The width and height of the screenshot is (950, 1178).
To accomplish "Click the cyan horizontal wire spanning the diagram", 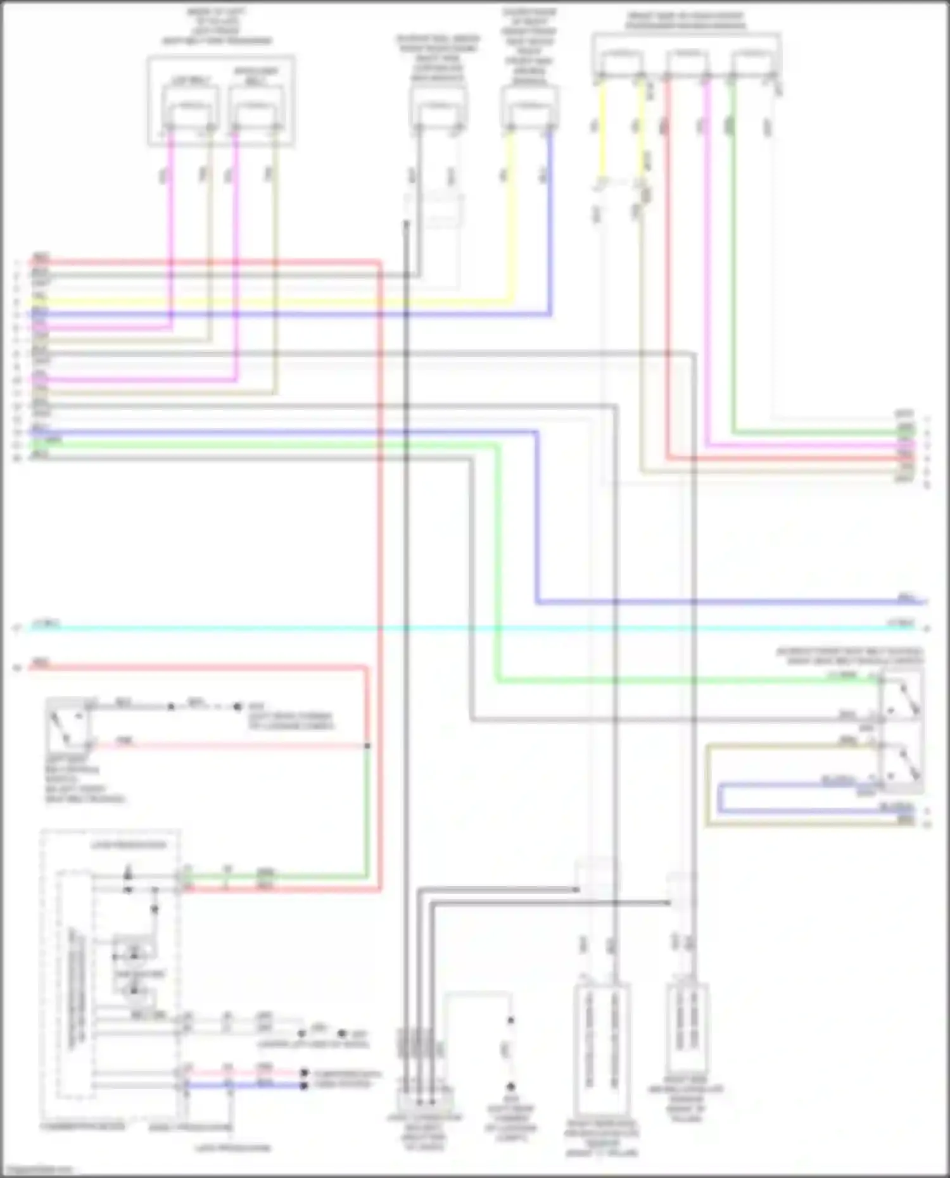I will (x=443, y=628).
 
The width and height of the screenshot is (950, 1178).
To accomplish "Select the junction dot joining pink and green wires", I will (x=367, y=746).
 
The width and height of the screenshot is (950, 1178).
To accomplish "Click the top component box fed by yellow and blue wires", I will (x=529, y=108).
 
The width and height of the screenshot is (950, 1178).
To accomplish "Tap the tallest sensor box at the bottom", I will (x=602, y=1051).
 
